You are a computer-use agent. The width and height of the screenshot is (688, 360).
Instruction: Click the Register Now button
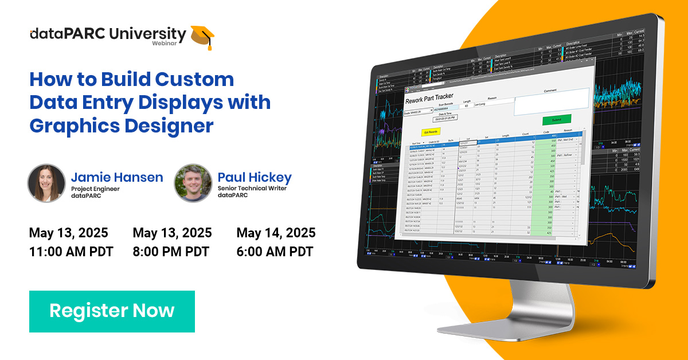click(x=112, y=311)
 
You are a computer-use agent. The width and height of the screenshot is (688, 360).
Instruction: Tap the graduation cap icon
click(x=202, y=36)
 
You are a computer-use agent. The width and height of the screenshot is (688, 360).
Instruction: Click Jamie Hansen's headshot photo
click(x=46, y=183)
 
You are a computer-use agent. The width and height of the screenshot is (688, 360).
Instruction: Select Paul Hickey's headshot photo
click(x=193, y=183)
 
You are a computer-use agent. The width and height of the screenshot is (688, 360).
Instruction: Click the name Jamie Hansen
click(x=117, y=177)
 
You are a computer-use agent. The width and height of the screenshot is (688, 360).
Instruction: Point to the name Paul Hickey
click(x=255, y=177)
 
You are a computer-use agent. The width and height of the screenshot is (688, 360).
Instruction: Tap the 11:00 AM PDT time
click(x=71, y=251)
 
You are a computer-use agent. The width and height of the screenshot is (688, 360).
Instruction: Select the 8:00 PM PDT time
click(x=171, y=251)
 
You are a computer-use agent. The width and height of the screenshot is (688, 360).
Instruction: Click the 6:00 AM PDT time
click(x=275, y=251)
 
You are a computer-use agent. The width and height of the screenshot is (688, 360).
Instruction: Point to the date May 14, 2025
click(x=276, y=233)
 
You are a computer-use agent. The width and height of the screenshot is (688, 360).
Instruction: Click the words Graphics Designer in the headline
click(x=122, y=125)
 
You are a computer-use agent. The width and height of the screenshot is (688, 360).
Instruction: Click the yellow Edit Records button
click(x=431, y=131)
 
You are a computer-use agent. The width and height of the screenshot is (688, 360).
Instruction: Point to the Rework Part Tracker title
click(x=429, y=97)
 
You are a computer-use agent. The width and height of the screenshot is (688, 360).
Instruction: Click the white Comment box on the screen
click(x=550, y=101)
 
